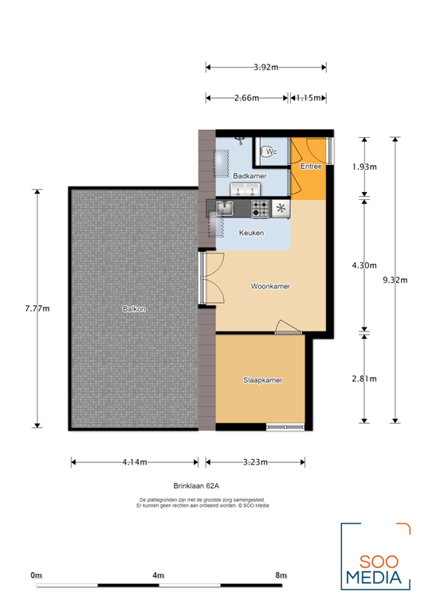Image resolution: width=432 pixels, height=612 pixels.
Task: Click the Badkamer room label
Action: point(249,175)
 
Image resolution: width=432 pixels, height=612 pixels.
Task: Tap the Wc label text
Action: point(271,151)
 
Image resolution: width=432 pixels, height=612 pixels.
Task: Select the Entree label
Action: point(311,167)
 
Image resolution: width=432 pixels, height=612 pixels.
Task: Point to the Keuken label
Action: point(253,232)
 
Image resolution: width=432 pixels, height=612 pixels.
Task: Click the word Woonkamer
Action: point(269,285)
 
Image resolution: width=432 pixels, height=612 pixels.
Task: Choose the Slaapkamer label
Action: point(262,380)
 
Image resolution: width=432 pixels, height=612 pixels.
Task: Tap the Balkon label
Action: point(134,308)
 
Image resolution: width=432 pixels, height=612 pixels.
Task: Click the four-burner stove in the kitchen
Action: point(260,209)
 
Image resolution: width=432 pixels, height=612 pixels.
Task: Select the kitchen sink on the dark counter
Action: point(225,209)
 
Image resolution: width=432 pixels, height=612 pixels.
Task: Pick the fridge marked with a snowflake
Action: point(281,209)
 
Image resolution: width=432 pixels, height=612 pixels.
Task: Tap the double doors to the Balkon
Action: point(209,278)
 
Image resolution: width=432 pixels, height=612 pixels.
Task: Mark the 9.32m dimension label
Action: point(395,280)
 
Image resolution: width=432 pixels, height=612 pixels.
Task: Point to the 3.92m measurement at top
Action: point(265,68)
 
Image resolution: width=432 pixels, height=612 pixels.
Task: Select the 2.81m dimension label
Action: point(364,379)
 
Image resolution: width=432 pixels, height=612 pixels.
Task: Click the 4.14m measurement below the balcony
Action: point(134,461)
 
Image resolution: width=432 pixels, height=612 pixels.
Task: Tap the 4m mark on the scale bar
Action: point(158,575)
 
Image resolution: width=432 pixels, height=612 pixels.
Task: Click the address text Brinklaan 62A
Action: point(196,484)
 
